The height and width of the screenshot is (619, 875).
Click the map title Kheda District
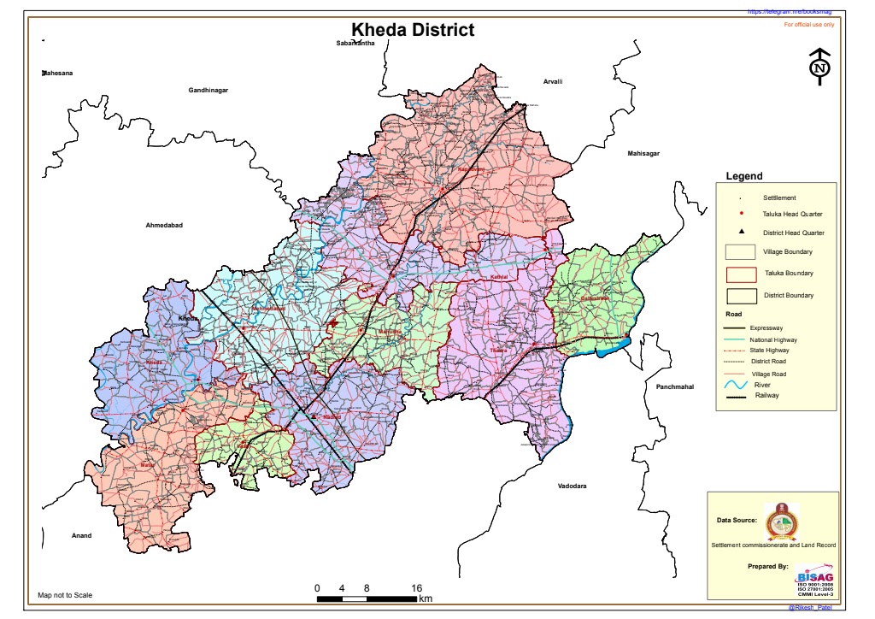(x=413, y=31)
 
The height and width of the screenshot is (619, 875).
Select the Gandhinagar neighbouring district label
(x=208, y=90)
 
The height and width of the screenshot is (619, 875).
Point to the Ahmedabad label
(x=165, y=225)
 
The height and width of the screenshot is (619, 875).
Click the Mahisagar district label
(x=646, y=153)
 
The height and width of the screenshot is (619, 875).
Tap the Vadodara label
(x=572, y=486)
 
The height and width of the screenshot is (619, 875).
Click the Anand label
(x=81, y=536)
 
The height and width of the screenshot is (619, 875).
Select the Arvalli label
(x=553, y=81)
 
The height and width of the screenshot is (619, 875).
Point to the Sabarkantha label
(x=355, y=43)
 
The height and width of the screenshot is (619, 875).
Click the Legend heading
(x=743, y=176)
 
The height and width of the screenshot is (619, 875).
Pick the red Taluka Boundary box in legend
(x=741, y=274)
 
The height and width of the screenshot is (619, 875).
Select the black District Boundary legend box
(x=741, y=296)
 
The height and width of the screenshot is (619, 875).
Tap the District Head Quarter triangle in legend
(x=741, y=233)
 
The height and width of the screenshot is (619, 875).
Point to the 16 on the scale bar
(x=416, y=588)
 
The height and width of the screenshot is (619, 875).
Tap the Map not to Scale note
(x=65, y=595)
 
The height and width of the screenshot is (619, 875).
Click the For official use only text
(x=809, y=25)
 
